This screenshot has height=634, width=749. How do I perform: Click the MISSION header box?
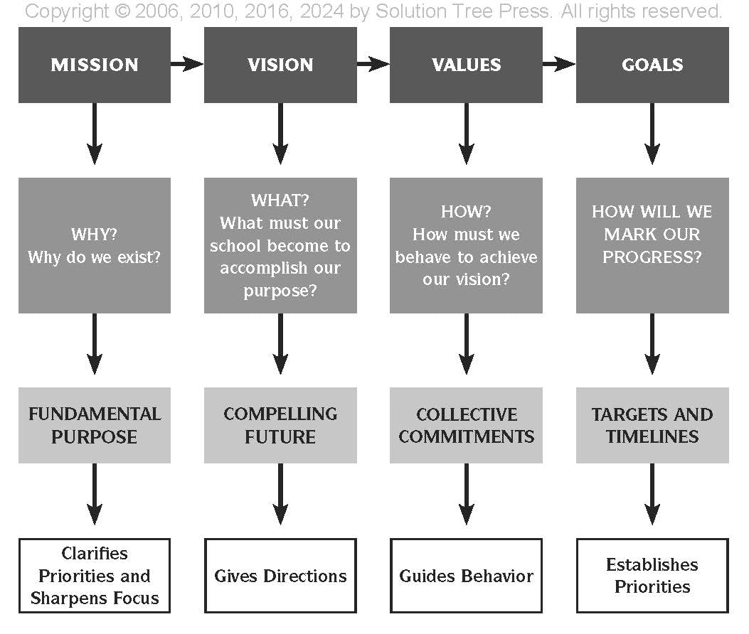pyautogui.click(x=95, y=65)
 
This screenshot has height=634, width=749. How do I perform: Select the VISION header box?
pyautogui.click(x=280, y=65)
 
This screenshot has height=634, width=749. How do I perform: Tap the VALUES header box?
pyautogui.click(x=466, y=65)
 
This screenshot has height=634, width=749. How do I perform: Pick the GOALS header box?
pyautogui.click(x=652, y=65)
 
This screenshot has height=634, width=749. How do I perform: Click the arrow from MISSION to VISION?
pyautogui.click(x=187, y=65)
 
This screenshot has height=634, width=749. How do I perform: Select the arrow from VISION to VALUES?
pyautogui.click(x=373, y=65)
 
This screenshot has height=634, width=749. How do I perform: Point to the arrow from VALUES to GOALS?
pyautogui.click(x=559, y=65)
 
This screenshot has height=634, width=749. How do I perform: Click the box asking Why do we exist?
pyautogui.click(x=95, y=245)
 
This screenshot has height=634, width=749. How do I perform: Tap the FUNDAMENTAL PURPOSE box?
pyautogui.click(x=95, y=425)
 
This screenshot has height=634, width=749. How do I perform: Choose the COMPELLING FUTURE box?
pyautogui.click(x=280, y=425)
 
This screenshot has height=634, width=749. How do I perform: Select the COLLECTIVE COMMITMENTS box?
pyautogui.click(x=466, y=425)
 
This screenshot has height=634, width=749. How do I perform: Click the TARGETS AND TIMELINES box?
pyautogui.click(x=652, y=425)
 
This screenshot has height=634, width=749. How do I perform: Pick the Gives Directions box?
pyautogui.click(x=280, y=576)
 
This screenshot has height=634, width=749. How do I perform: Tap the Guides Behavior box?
pyautogui.click(x=466, y=576)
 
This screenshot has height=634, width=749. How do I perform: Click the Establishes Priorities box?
pyautogui.click(x=652, y=576)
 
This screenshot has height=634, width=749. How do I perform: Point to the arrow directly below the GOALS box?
pyautogui.click(x=652, y=135)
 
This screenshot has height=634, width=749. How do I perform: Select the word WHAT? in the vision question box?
pyautogui.click(x=280, y=200)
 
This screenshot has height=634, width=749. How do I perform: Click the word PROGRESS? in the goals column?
pyautogui.click(x=652, y=257)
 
